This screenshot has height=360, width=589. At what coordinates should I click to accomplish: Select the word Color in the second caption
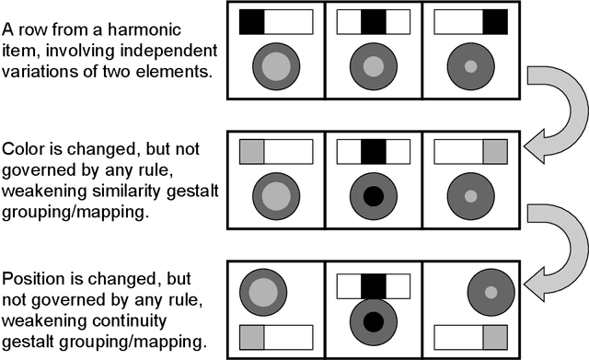coord(23,149)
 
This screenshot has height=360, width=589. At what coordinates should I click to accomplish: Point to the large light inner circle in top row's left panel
coord(277,66)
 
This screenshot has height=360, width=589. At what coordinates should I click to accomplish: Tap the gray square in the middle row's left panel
coord(252,151)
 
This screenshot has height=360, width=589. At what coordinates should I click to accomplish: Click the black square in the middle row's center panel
coord(373,151)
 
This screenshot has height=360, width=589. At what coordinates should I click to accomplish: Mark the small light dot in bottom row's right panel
coord(491,292)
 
